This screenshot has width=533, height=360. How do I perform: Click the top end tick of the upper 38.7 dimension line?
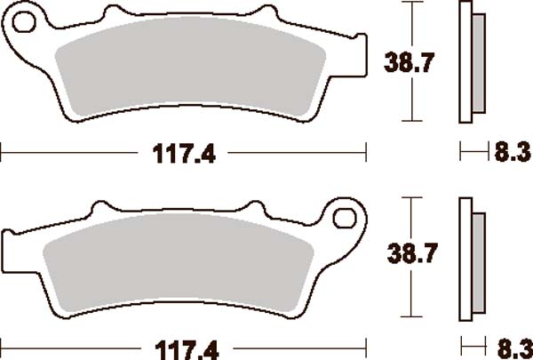pyautogui.click(x=410, y=3)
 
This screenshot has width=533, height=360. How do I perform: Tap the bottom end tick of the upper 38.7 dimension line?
pyautogui.click(x=410, y=121)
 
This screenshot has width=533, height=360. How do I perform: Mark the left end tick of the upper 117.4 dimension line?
pyautogui.click(x=2, y=153)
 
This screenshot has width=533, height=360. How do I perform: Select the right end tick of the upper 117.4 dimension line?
pyautogui.click(x=367, y=153)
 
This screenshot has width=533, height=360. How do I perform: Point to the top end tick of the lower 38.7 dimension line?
pyautogui.click(x=410, y=197)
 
